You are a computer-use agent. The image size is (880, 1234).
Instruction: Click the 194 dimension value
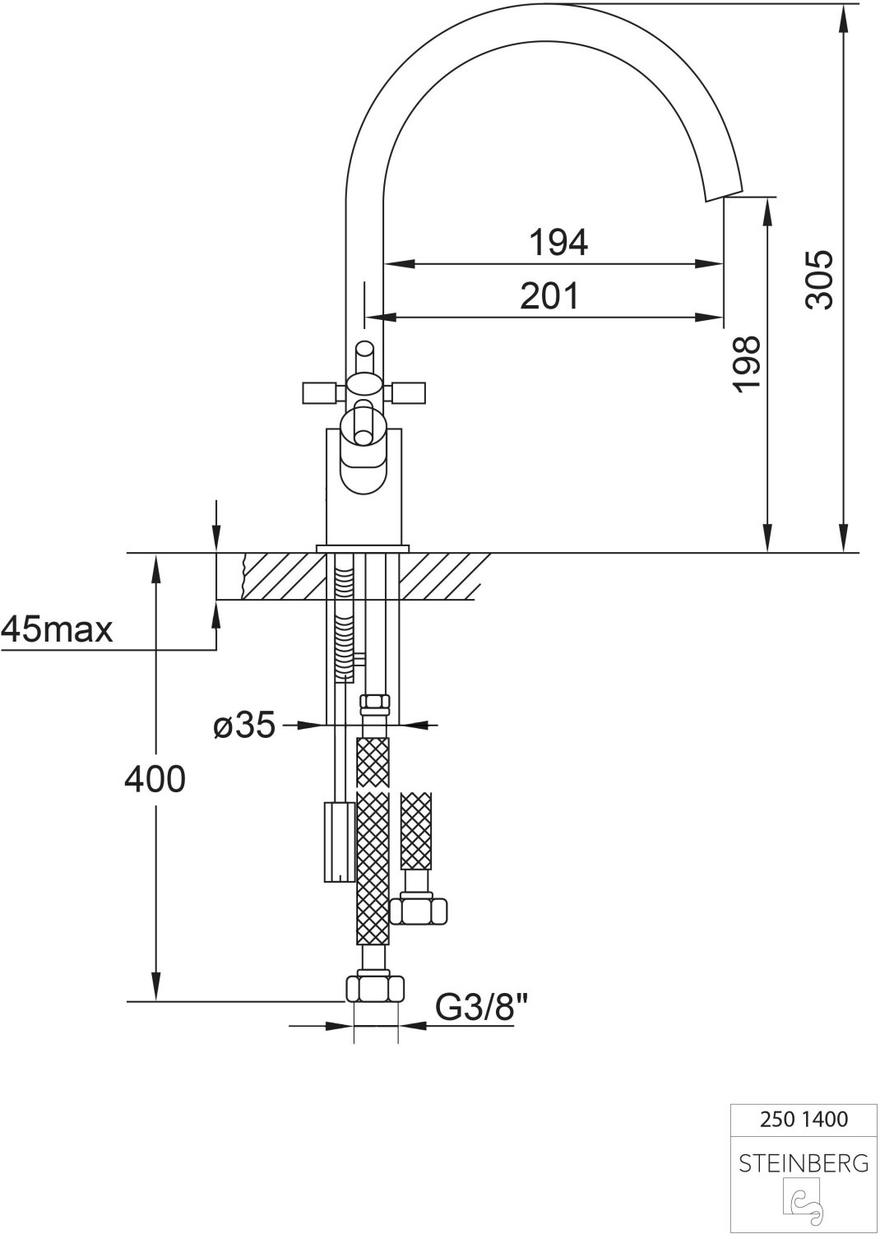558,243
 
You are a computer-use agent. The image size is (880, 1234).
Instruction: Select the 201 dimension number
549,295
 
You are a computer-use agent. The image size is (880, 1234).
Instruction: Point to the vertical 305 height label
820,280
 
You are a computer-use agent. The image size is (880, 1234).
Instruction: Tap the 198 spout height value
747,364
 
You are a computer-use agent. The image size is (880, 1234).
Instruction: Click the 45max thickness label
57,630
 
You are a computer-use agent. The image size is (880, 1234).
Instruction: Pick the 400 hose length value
155,778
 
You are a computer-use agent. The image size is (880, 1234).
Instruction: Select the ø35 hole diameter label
243,725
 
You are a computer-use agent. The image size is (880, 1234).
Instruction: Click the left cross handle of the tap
320,393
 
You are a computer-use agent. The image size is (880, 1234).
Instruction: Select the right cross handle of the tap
409,393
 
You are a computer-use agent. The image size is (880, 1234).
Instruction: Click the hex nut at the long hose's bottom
375,986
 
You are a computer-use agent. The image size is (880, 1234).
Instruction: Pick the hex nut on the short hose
418,911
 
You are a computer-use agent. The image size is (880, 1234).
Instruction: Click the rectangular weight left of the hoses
338,841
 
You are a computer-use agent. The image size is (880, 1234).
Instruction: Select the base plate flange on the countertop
363,547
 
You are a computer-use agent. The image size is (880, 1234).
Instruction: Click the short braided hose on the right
415,831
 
